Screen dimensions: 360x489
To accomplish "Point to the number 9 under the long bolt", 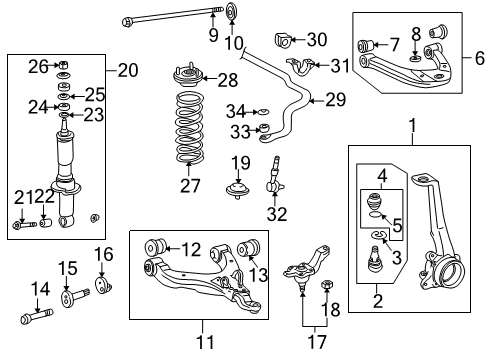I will (x=212, y=36).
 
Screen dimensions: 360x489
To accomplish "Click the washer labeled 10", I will (x=232, y=13).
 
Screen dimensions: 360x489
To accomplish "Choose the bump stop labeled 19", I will (x=240, y=189).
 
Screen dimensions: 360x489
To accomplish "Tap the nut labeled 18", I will (x=327, y=288).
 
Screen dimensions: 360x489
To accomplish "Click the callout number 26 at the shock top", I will (x=37, y=67).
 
